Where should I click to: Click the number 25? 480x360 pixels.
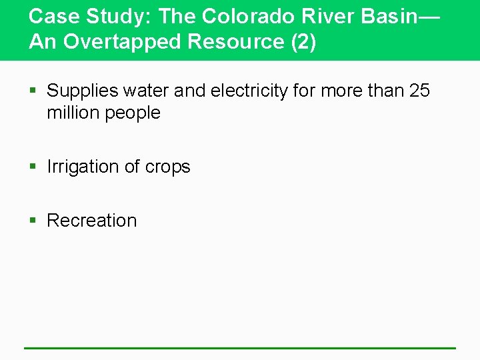(419, 91)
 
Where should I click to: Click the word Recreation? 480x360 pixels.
(92, 221)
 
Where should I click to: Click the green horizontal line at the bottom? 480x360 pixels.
(240, 348)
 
